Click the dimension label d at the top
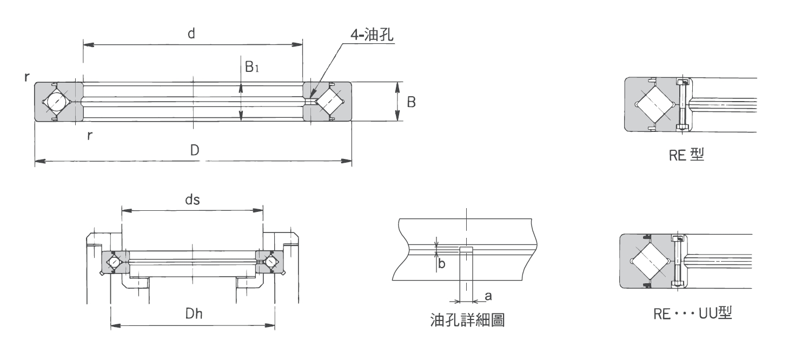[x=191, y=34]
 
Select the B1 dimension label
[x=253, y=67]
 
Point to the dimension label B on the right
[x=411, y=102]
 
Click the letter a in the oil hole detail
[x=488, y=296]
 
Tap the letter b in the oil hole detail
[x=441, y=265]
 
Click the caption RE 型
[x=686, y=156]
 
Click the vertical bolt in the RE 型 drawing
[x=682, y=104]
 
